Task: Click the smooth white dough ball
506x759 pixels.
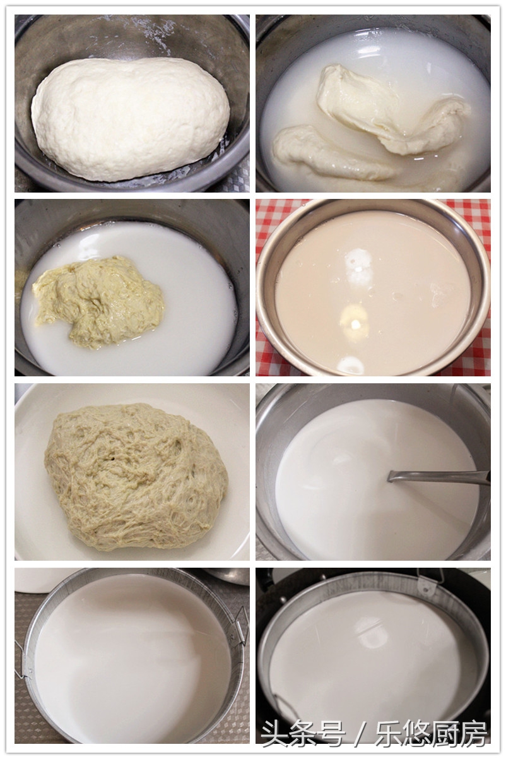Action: click(x=130, y=117)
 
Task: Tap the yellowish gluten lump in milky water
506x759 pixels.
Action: click(x=98, y=300)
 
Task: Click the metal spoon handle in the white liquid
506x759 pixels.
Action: click(x=442, y=477)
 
